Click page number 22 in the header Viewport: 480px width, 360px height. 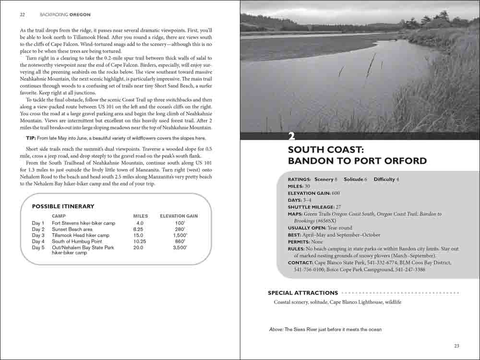(x=22, y=14)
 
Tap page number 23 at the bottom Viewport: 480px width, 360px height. (x=456, y=346)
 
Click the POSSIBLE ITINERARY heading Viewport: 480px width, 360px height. (x=63, y=206)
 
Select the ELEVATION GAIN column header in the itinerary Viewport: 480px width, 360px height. (x=179, y=216)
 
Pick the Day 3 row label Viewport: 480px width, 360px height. (x=38, y=236)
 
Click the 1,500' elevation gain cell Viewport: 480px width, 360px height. (x=180, y=236)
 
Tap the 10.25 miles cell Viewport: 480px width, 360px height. (x=140, y=242)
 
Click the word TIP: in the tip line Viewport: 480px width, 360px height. (x=31, y=138)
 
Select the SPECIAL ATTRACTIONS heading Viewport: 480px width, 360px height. (x=302, y=293)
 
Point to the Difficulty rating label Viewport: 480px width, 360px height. (x=384, y=179)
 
